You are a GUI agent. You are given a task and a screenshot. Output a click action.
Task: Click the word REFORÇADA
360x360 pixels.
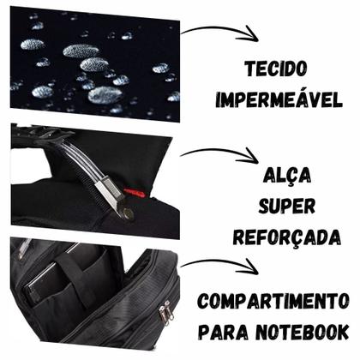coord(291,237)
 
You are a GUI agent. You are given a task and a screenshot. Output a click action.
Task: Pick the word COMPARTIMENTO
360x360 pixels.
coord(273,301)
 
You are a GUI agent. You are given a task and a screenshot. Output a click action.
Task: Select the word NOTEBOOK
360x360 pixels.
coord(303,331)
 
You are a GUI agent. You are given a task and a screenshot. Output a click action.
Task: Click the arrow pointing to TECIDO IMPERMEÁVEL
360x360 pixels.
coord(220,33)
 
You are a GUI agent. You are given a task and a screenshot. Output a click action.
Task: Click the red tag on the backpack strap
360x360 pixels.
coord(130,193)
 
